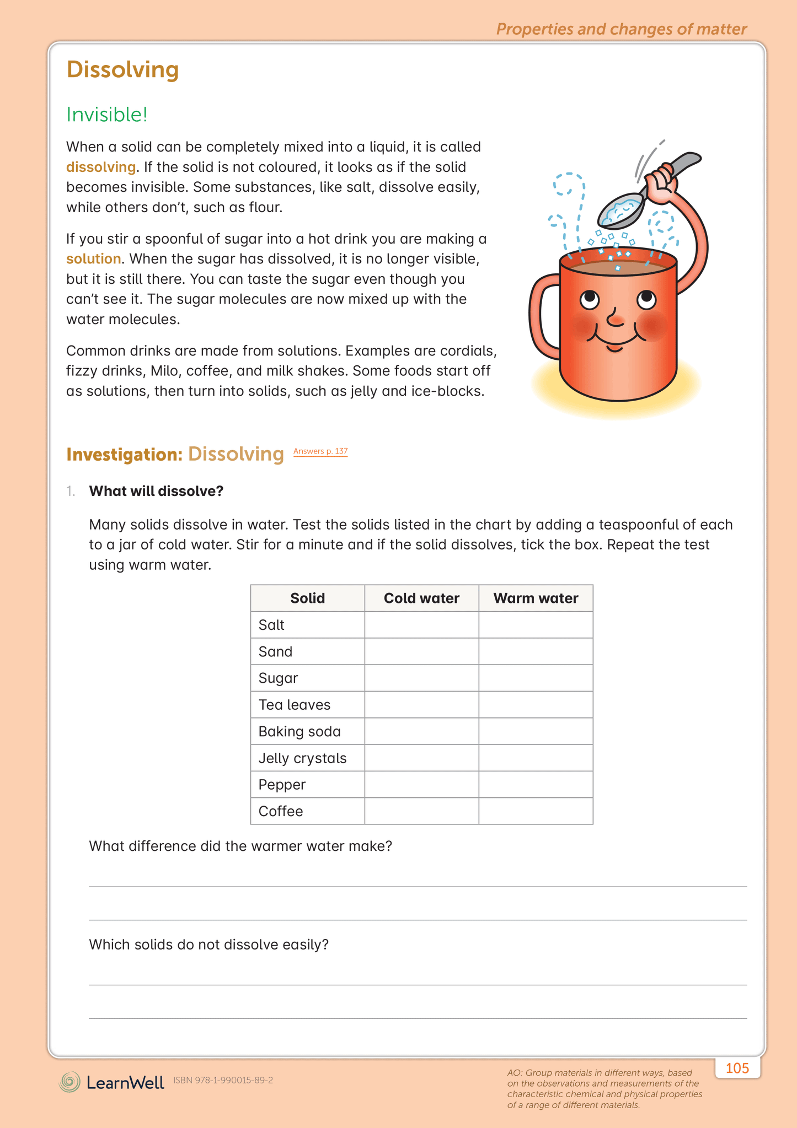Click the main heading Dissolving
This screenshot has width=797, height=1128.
click(122, 69)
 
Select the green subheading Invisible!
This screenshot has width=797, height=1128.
click(107, 115)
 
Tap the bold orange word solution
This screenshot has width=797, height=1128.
click(93, 259)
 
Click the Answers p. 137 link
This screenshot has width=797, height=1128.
click(320, 451)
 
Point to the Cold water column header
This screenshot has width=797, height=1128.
click(421, 598)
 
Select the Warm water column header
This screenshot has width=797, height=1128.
click(536, 598)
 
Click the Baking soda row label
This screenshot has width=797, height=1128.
click(299, 731)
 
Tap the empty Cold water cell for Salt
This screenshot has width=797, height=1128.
click(421, 625)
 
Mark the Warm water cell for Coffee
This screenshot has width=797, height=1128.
click(536, 811)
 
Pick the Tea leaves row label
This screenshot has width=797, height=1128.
click(294, 705)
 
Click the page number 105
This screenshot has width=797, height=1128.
click(737, 1068)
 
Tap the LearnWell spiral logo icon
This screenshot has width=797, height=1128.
click(70, 1082)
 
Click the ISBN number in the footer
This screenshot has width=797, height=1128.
click(223, 1081)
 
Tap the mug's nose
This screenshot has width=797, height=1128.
click(615, 319)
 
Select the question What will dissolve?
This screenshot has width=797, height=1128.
click(156, 491)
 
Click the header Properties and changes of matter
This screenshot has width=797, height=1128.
click(621, 29)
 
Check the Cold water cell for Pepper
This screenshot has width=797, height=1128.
click(421, 785)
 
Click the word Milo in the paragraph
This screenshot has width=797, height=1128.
click(164, 371)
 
